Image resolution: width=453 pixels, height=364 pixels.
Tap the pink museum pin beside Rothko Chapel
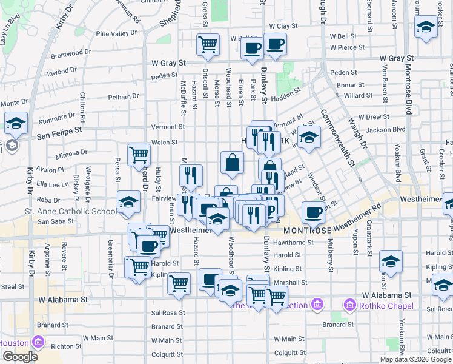[349, 304]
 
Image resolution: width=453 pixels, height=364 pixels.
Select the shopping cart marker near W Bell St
[208, 44]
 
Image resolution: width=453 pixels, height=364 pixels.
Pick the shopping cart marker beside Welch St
[139, 156]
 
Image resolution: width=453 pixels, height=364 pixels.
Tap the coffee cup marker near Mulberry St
[313, 213]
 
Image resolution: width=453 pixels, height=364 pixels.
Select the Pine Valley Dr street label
[117, 34]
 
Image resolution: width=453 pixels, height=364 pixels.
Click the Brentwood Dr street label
[71, 53]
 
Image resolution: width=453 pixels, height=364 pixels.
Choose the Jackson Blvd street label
[385, 129]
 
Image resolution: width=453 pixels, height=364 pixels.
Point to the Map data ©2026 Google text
[415, 359]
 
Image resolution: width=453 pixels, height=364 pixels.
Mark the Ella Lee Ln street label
[52, 184]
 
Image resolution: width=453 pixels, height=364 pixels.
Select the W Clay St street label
[284, 26]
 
